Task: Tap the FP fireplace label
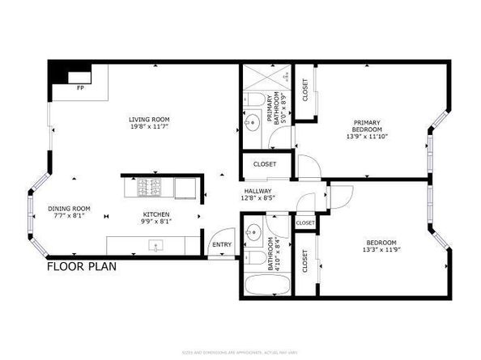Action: click(80, 87)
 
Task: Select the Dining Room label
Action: click(69, 208)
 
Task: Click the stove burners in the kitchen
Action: click(150, 188)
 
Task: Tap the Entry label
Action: click(221, 244)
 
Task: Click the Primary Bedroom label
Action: click(366, 127)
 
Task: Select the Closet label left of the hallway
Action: click(265, 164)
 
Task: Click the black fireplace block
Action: click(61, 74)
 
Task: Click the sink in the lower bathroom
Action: click(253, 231)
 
